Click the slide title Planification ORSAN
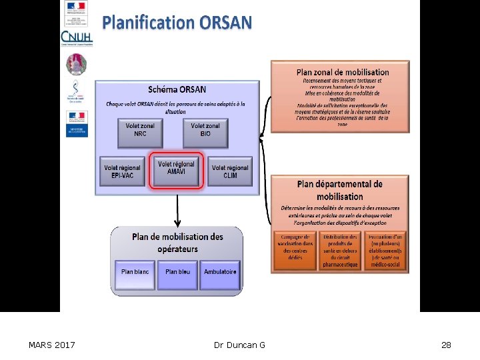point(177,23)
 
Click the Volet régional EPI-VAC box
point(123,171)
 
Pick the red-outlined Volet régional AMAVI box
point(177,169)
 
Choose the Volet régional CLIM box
point(230,171)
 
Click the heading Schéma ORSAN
point(177,89)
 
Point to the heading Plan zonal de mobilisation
point(343,71)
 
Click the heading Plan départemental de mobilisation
point(340,190)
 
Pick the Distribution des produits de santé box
point(340,250)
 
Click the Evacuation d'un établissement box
point(385,250)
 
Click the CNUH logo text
point(76,37)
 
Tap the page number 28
point(446,345)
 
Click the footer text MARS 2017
point(52,345)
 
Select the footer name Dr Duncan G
point(239,345)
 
